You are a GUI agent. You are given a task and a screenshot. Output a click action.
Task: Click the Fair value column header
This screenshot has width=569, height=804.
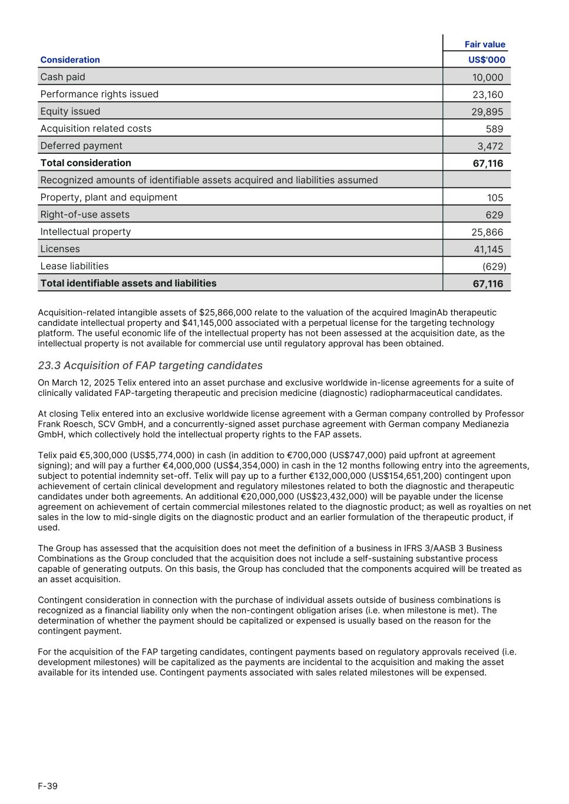(485, 44)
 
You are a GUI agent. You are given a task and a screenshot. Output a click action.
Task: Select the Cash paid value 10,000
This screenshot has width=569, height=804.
(487, 77)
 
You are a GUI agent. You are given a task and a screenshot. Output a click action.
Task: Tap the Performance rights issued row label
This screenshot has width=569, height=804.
(99, 94)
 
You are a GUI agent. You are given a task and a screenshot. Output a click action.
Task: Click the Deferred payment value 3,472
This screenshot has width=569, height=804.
(490, 146)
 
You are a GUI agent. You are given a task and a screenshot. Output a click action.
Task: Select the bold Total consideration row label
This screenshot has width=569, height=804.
(85, 163)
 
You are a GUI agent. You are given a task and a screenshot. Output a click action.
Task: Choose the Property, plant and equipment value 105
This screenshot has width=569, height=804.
(495, 198)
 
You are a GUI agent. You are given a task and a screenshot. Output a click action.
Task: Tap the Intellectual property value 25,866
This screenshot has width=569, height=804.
(487, 232)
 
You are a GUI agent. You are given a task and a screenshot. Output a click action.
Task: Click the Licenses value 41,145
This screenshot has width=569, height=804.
(488, 249)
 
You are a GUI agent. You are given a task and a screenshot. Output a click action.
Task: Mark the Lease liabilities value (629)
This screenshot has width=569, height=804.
(494, 266)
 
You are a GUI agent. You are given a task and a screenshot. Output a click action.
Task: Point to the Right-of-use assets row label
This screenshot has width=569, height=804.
(85, 214)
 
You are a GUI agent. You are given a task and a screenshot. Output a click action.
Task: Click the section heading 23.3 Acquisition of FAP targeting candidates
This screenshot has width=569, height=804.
(150, 366)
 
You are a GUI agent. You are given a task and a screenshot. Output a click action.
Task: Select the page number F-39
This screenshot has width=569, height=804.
(48, 786)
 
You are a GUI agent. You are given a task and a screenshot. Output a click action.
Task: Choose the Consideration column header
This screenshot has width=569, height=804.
(70, 60)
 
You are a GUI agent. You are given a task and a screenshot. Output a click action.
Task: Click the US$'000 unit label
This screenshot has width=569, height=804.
(487, 60)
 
